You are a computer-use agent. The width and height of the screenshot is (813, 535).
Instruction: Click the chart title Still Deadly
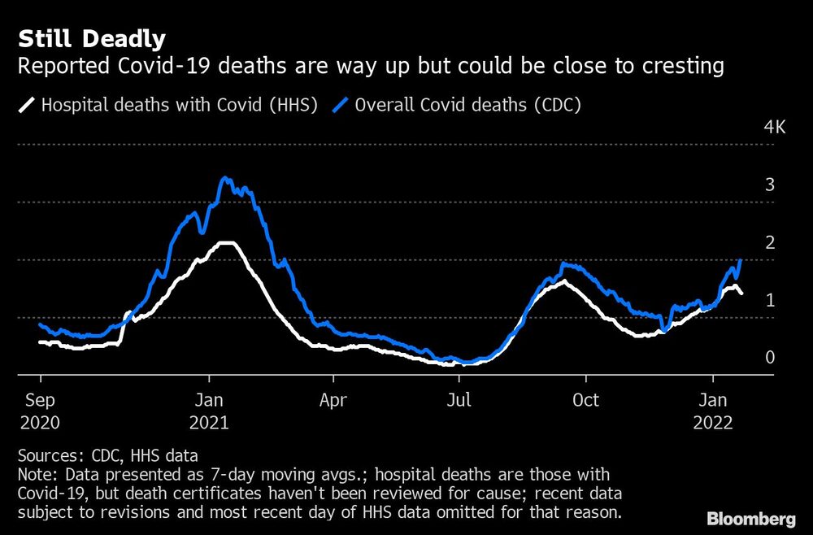(92, 38)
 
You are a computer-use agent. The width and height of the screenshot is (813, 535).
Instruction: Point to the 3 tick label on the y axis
(769, 185)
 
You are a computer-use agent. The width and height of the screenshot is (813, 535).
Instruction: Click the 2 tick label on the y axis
(769, 242)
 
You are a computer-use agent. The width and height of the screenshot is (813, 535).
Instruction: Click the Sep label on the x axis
(41, 401)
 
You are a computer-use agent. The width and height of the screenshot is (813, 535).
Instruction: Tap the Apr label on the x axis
(333, 401)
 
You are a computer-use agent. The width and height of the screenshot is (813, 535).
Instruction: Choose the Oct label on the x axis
(585, 401)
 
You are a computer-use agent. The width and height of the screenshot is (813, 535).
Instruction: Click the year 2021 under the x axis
(209, 423)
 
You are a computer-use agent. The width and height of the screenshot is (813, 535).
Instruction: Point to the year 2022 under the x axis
(713, 423)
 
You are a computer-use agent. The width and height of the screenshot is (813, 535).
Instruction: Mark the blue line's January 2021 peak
(226, 178)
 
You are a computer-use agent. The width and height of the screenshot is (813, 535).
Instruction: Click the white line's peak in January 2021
(226, 243)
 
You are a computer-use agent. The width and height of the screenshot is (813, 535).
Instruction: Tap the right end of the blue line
(741, 260)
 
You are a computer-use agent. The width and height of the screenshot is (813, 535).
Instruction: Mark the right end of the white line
(741, 294)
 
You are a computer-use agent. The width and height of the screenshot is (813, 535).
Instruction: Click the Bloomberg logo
(751, 518)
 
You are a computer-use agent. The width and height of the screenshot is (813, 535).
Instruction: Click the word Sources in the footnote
(47, 455)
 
